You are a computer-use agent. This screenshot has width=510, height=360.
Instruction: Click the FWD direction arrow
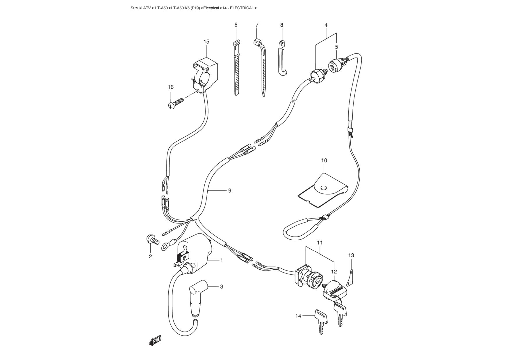pyautogui.click(x=155, y=340)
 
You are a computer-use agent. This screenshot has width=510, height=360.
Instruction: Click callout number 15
pyautogui.click(x=206, y=42)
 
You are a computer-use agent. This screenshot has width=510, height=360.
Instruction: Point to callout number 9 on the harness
pyautogui.click(x=230, y=191)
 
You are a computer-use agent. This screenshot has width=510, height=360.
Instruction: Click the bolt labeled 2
pyautogui.click(x=152, y=240)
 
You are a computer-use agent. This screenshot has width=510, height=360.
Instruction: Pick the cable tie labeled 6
pyautogui.click(x=237, y=70)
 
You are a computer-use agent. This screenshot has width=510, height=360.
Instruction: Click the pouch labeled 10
pyautogui.click(x=323, y=190)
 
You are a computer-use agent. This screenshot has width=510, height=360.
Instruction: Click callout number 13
pyautogui.click(x=351, y=255)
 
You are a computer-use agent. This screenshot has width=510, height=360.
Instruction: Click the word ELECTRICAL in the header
pyautogui.click(x=242, y=8)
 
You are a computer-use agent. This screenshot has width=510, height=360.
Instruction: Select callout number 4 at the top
pyautogui.click(x=326, y=25)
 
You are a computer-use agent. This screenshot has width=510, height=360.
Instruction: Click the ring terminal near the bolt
pyautogui.click(x=165, y=247)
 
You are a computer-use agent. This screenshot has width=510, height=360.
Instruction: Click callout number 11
pyautogui.click(x=320, y=242)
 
